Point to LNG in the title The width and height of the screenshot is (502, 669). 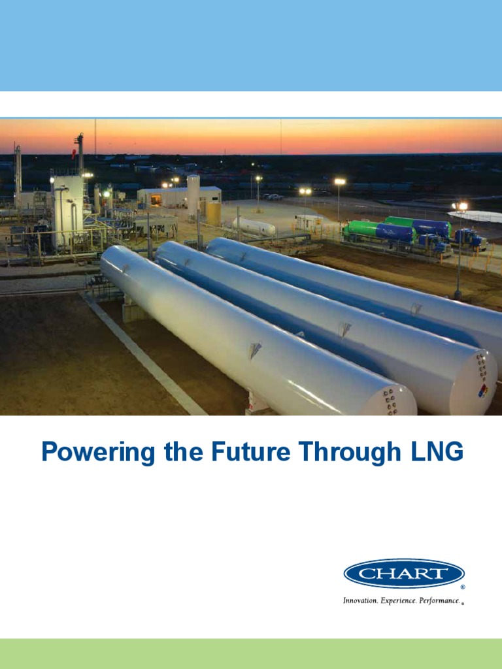point(436,452)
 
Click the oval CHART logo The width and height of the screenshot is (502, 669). point(404,574)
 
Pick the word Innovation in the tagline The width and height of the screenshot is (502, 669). point(360,600)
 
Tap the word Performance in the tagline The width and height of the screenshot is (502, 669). point(439,600)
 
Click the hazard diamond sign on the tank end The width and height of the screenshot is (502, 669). point(483,390)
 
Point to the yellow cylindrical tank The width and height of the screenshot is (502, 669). point(214,214)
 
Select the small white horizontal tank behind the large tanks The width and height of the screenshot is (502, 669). point(254,227)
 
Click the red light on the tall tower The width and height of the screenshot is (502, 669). point(74,154)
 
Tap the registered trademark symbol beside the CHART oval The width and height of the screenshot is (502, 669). point(463,587)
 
